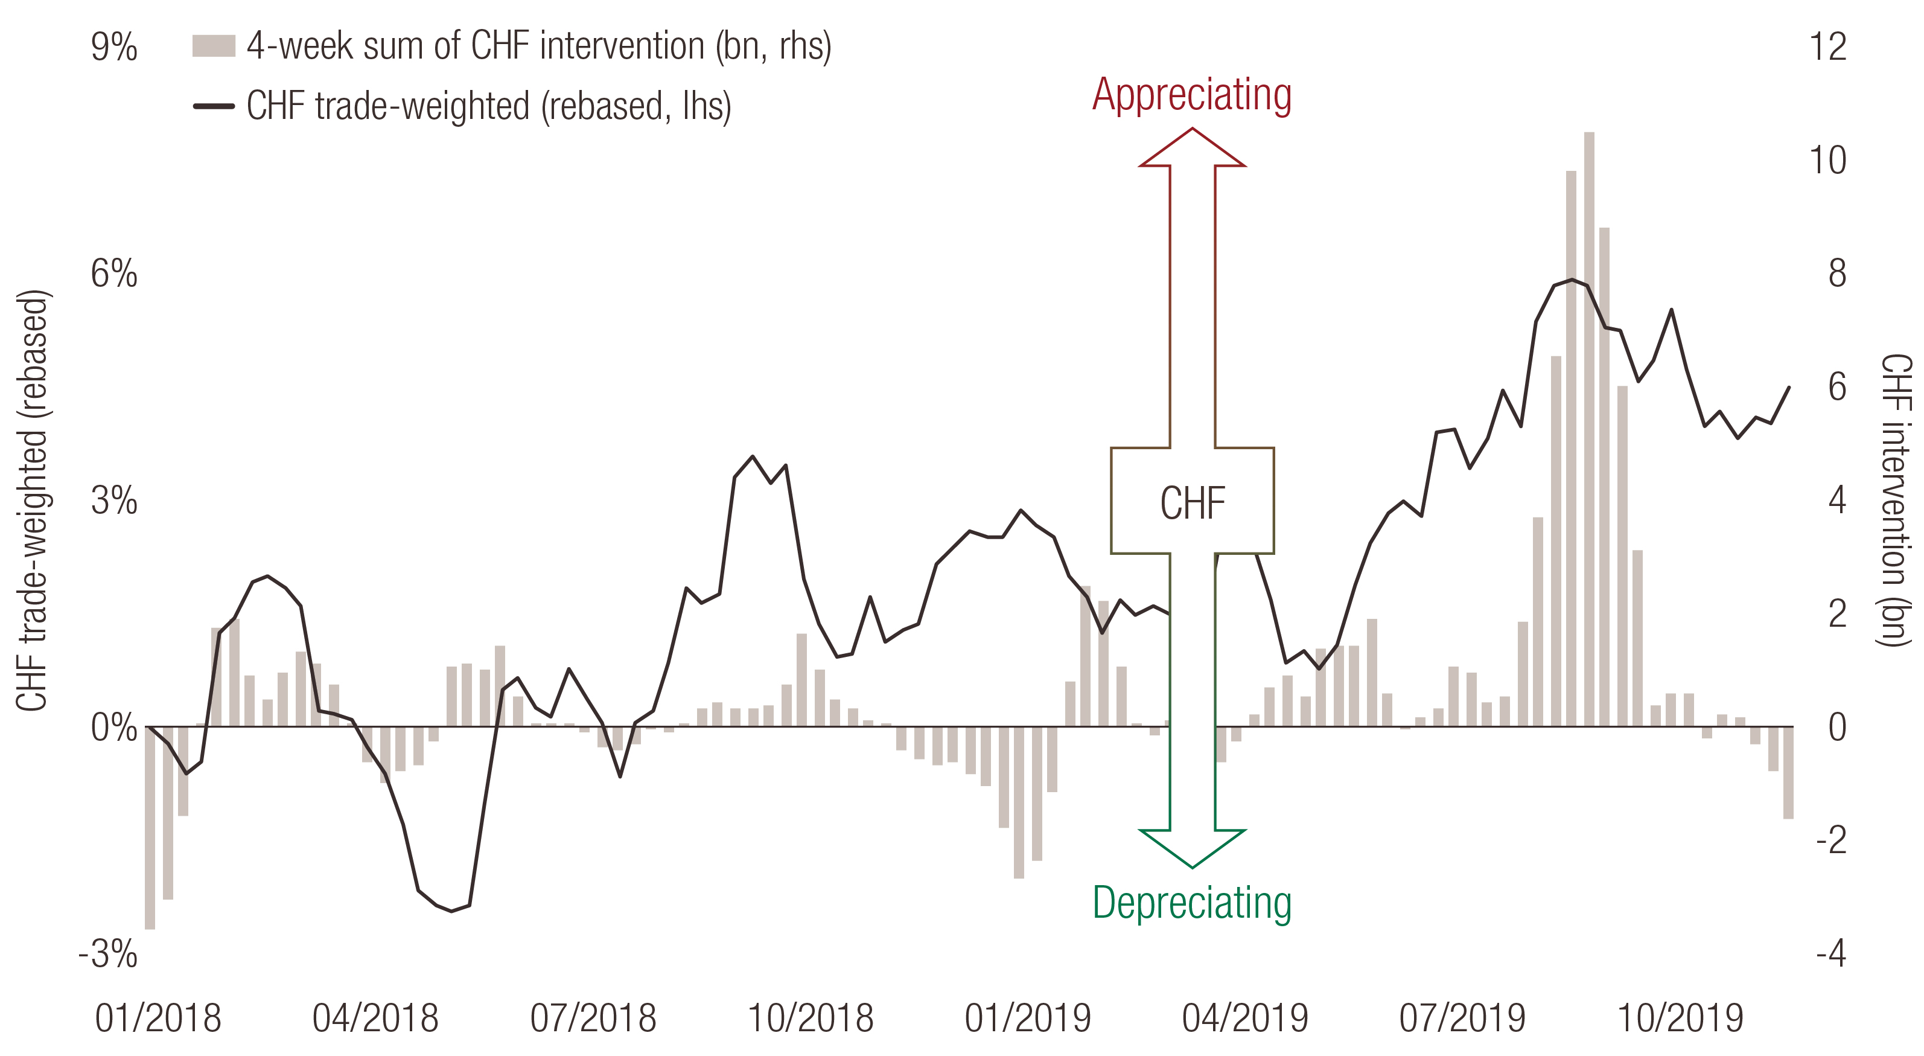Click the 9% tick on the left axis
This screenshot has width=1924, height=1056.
click(x=114, y=47)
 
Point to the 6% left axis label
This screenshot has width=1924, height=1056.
click(x=114, y=274)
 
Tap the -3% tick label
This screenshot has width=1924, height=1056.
click(x=108, y=953)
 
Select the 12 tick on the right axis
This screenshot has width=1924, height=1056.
click(x=1827, y=47)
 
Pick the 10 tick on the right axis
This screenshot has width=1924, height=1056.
click(x=1827, y=160)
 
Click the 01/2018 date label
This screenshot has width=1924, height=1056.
click(x=158, y=1018)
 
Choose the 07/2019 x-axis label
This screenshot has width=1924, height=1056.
click(x=1462, y=1018)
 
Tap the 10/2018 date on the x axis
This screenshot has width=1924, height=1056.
click(x=811, y=1018)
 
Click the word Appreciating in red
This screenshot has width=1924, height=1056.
click(x=1192, y=95)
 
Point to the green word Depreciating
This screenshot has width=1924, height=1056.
click(x=1192, y=903)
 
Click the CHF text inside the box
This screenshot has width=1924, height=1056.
click(x=1192, y=502)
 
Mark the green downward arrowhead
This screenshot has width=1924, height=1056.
click(x=1192, y=848)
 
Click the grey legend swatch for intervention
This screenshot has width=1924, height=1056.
click(x=214, y=46)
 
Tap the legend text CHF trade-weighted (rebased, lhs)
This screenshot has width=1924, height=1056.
click(x=488, y=106)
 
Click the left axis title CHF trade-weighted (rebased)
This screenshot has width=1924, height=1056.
click(x=32, y=501)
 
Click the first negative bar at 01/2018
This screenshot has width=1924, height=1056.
click(x=150, y=827)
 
